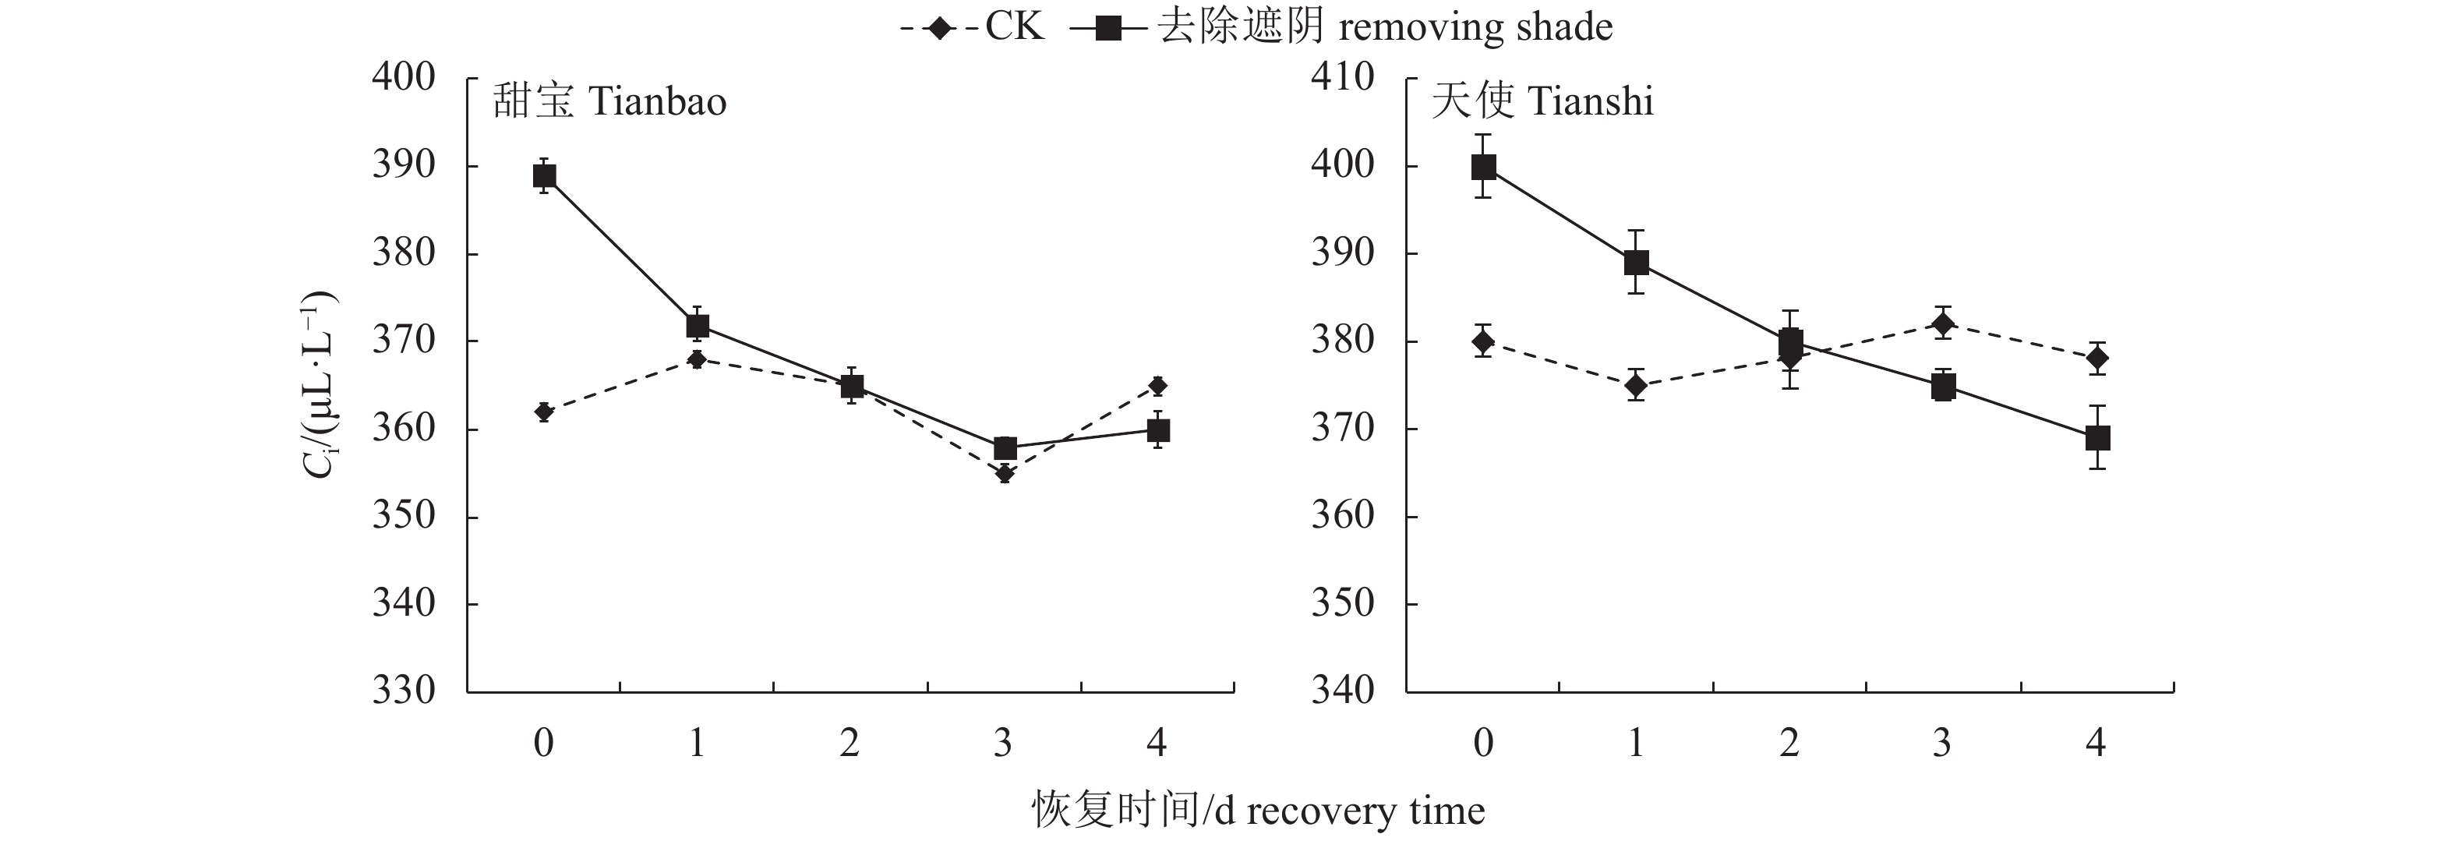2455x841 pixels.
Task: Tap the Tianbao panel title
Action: coord(610,101)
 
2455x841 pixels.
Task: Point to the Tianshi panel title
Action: coord(1542,101)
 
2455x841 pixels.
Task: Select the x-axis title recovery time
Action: coord(1258,811)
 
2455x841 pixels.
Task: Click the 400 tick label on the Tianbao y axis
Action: coord(403,77)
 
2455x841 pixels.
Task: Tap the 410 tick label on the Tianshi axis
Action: coord(1343,77)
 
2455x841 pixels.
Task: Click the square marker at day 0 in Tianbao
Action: coord(544,175)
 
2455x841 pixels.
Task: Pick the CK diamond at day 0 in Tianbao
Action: coord(544,412)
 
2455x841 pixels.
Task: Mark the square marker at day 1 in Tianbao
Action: coord(698,326)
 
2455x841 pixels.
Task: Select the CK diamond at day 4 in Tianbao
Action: coord(1158,386)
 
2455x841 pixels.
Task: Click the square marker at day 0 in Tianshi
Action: coord(1484,167)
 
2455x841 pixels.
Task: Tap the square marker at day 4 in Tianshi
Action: coord(2097,438)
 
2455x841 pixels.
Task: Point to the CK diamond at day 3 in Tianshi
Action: coord(1943,323)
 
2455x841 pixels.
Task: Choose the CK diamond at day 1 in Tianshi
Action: coord(1637,385)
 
